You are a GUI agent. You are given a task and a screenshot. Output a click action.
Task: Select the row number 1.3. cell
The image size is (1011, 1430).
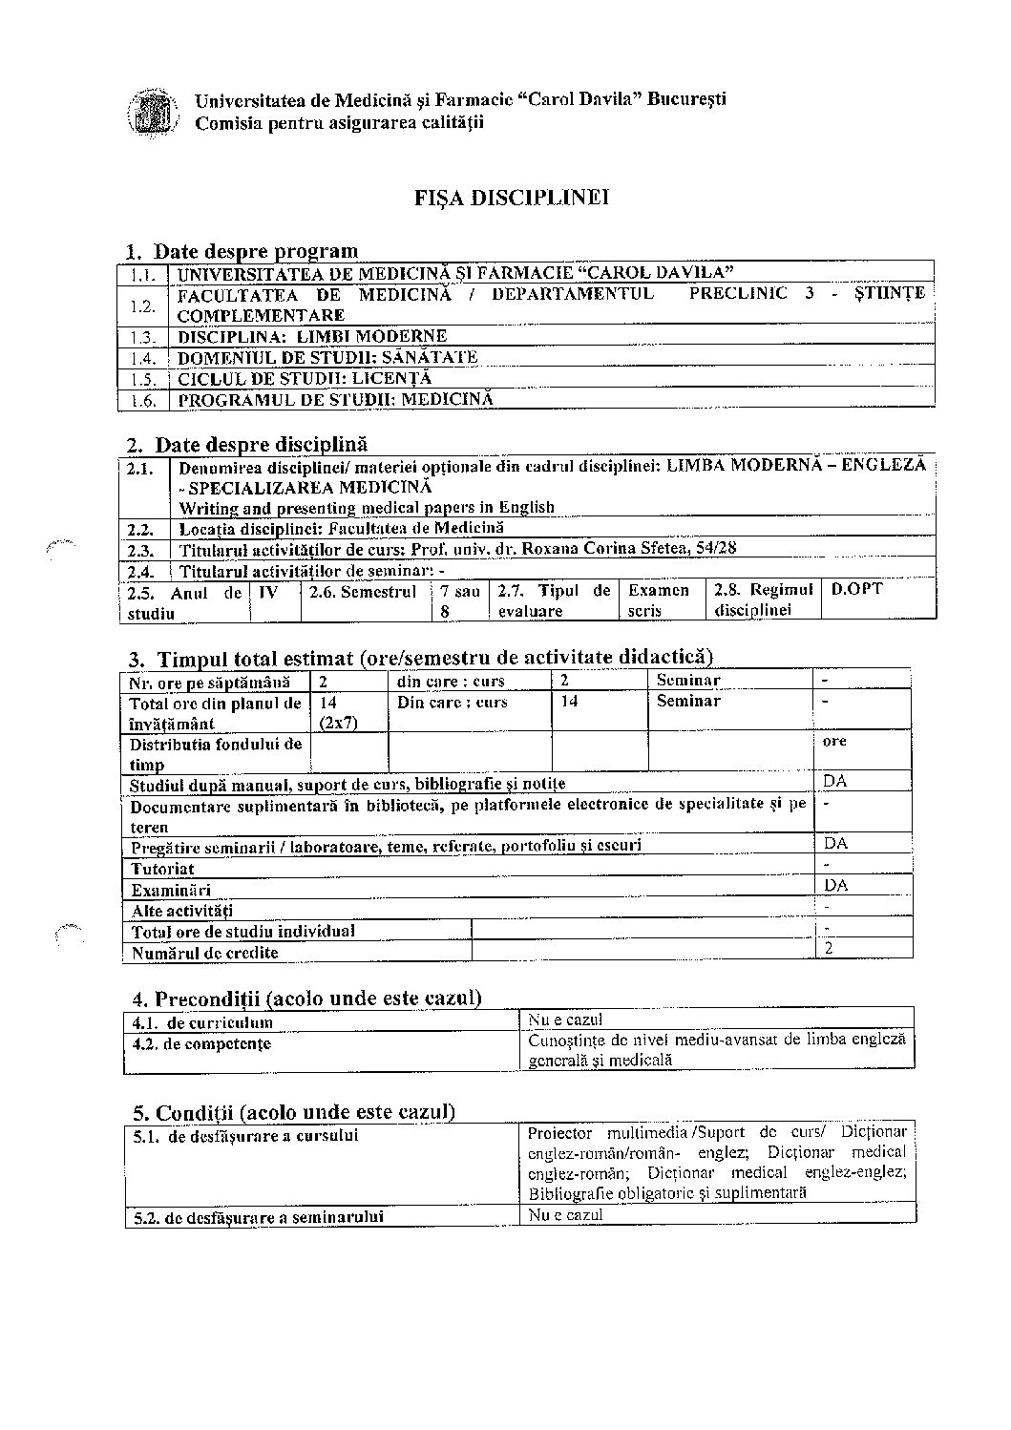tap(143, 337)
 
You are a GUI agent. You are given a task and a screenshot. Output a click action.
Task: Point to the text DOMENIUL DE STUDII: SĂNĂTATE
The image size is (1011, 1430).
tap(328, 358)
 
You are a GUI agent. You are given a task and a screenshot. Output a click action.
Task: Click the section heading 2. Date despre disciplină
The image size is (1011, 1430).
tap(261, 444)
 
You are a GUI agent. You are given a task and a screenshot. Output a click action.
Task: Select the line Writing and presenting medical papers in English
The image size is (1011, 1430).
tap(367, 507)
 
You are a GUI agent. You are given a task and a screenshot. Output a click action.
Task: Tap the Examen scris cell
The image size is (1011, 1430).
tap(659, 600)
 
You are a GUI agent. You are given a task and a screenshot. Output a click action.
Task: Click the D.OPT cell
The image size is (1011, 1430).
tap(856, 589)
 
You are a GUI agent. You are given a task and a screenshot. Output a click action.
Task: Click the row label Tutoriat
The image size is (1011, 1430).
tap(163, 869)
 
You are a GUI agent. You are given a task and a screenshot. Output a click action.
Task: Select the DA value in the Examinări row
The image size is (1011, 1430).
tap(835, 885)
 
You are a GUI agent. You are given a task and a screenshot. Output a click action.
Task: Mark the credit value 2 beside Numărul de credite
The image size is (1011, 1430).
tap(829, 949)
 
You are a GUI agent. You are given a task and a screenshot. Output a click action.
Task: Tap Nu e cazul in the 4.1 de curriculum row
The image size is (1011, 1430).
tap(565, 1020)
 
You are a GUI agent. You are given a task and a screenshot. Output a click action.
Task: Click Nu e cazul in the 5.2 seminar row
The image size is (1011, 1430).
tap(565, 1215)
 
